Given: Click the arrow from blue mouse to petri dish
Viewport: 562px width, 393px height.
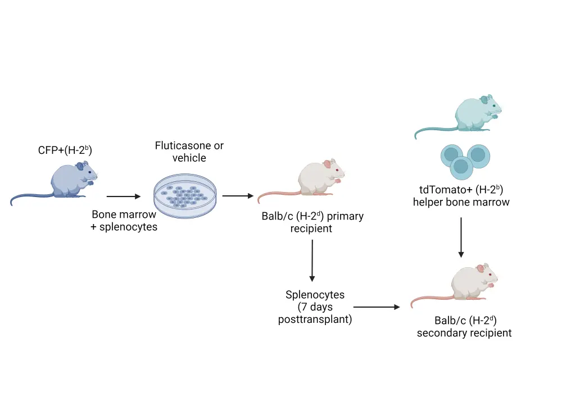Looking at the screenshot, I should [x=123, y=196].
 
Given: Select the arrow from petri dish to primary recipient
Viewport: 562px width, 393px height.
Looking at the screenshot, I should [x=237, y=196].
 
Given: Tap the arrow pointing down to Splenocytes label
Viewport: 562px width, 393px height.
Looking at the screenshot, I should [x=312, y=261].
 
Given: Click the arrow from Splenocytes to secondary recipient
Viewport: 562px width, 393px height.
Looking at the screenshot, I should [x=377, y=307].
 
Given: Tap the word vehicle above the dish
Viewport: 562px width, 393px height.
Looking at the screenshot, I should [x=189, y=158].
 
